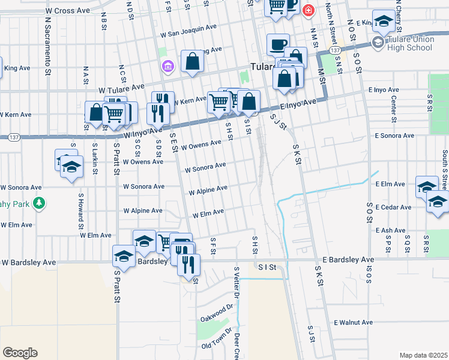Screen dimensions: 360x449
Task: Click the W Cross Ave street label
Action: click(x=67, y=11)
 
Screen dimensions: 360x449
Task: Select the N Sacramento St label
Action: click(x=46, y=42)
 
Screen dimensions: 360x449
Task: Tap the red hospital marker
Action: click(x=309, y=10)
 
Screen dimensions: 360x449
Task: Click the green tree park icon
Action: click(x=39, y=203)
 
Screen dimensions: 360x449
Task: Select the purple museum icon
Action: click(x=167, y=65)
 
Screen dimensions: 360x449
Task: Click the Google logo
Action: click(x=20, y=352)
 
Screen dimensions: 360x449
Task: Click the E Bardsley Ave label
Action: click(x=348, y=260)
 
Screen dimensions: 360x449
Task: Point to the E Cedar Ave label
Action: click(x=393, y=208)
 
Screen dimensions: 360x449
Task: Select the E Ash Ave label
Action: click(x=391, y=230)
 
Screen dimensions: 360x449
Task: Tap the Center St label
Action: click(x=393, y=107)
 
